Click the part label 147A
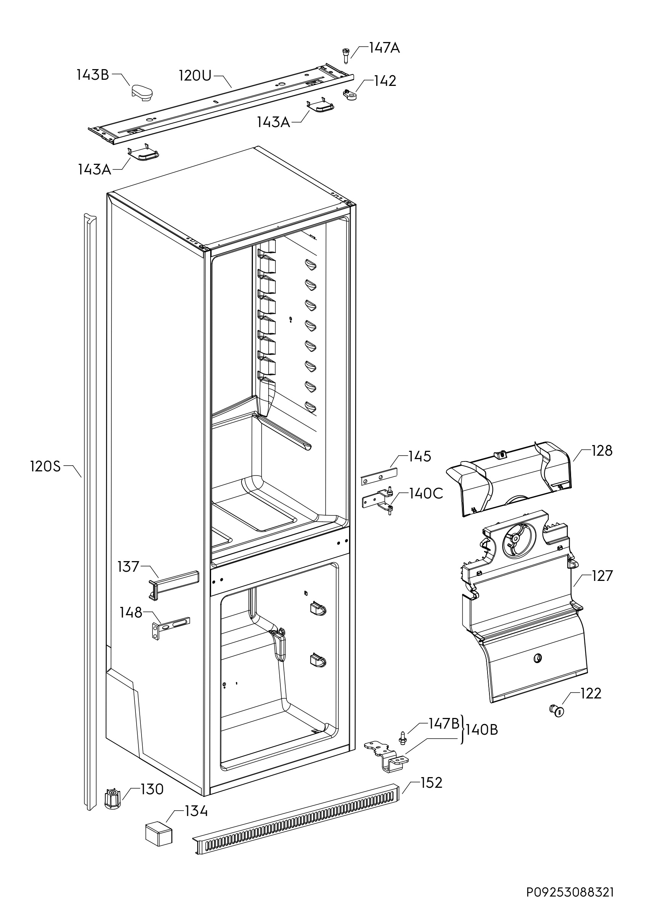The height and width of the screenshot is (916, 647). coord(384,48)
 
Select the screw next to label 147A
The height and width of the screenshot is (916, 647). coord(345,55)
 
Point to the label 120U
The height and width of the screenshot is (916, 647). coord(195,76)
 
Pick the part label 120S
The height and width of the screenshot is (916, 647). coord(45,466)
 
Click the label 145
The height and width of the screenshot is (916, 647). coord(420,456)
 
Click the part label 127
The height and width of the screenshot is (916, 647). coord(602,576)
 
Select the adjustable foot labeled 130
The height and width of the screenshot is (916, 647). coord(113,799)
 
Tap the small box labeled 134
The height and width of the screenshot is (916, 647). coord(158,834)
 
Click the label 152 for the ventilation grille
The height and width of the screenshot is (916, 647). coord(431,783)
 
